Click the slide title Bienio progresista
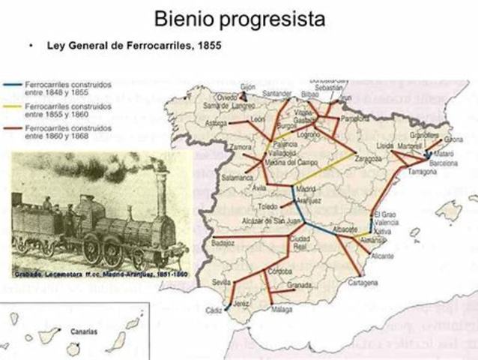point(239,18)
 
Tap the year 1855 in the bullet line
point(209,46)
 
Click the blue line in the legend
point(13,87)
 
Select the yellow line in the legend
point(13,109)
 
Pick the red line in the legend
point(13,130)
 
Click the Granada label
point(300,286)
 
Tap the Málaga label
point(282,309)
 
